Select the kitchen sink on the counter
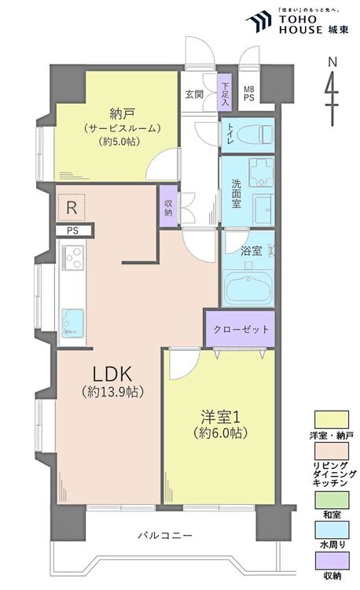tap(72, 323)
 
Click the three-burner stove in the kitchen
tap(73, 256)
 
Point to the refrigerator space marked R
tap(71, 208)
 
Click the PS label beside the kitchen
tap(72, 230)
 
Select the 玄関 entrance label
tap(194, 94)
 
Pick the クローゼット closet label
tap(241, 330)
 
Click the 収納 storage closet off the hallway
tap(168, 208)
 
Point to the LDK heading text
tap(112, 374)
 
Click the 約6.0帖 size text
tap(221, 433)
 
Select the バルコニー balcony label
tap(165, 535)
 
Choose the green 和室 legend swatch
tap(332, 500)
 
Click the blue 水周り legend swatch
tap(332, 529)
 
